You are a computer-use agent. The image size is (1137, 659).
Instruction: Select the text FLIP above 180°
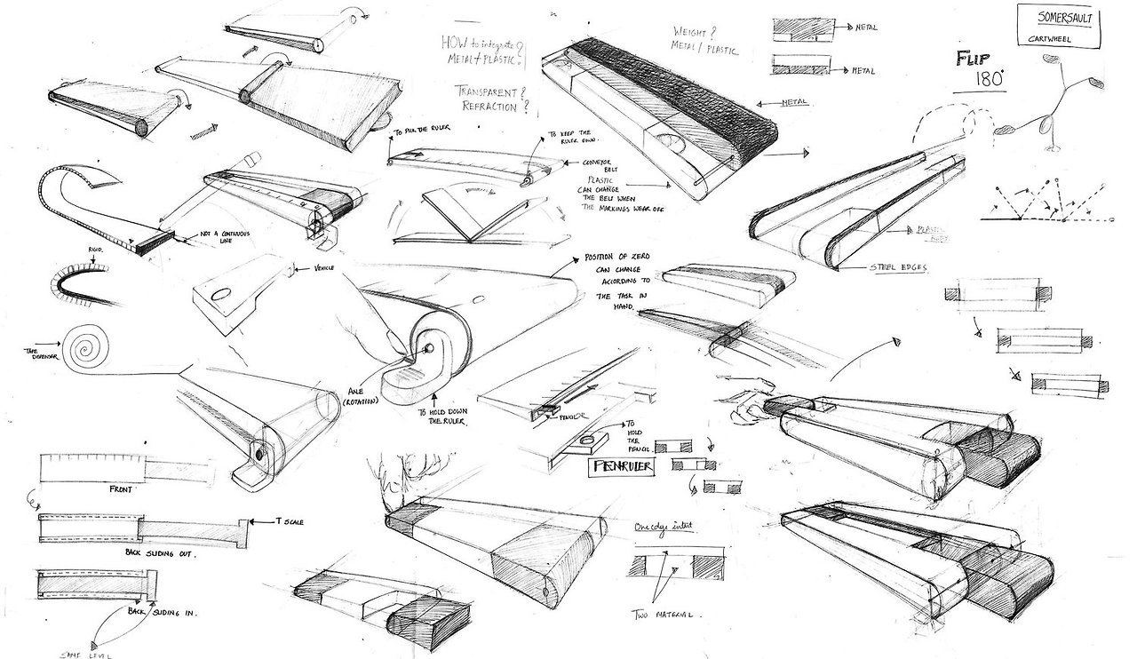click(x=974, y=61)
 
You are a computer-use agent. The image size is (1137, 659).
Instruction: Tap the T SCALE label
click(x=290, y=521)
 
